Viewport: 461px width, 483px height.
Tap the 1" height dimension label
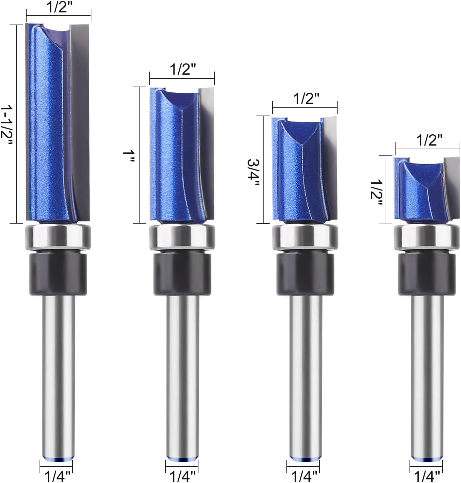129,156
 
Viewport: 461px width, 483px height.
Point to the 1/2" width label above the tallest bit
59,7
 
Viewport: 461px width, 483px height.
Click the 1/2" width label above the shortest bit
429,141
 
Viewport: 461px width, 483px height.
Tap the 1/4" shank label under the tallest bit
58,477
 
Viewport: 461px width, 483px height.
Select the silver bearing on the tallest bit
58,237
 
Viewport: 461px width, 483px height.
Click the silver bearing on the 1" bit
182,237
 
